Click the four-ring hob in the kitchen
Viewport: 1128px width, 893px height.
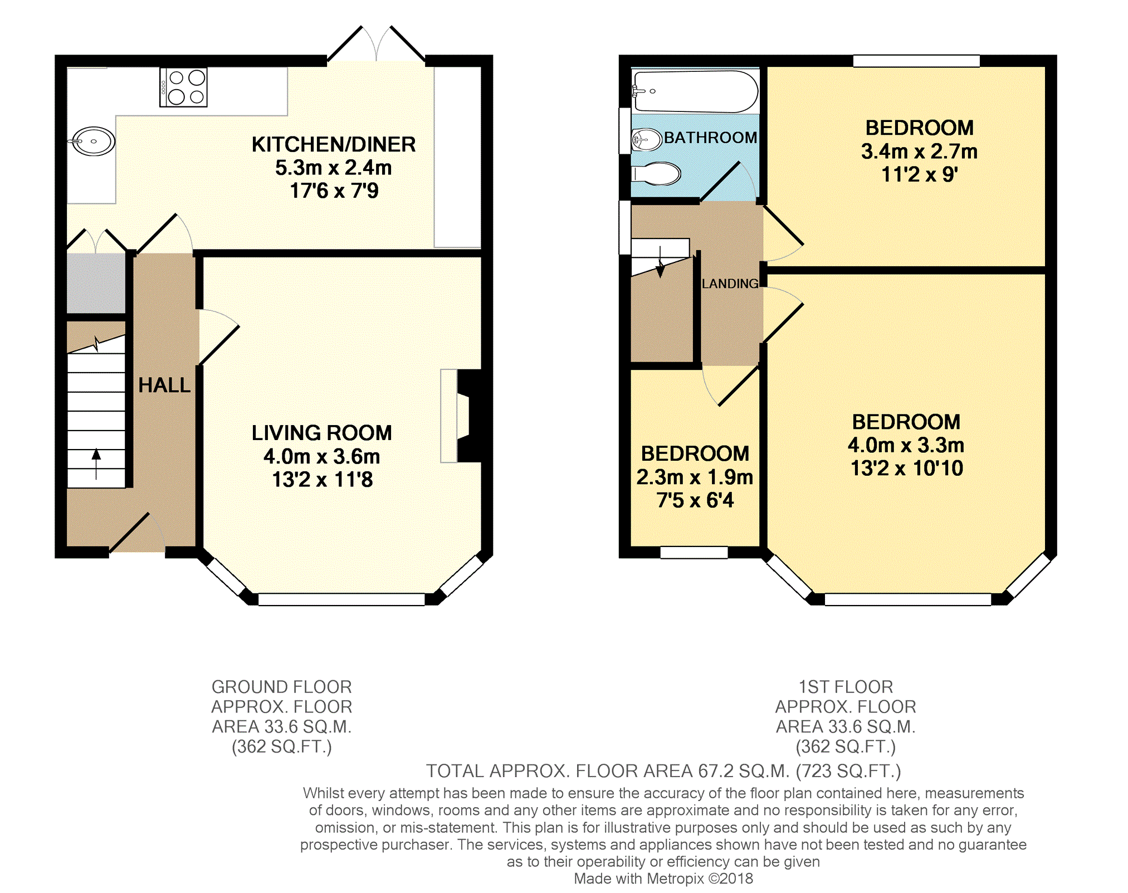coord(183,87)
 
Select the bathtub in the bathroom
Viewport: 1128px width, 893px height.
coord(695,91)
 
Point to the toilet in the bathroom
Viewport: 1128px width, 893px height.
coord(656,174)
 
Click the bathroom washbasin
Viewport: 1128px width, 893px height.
coord(646,139)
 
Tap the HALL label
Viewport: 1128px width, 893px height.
coord(164,385)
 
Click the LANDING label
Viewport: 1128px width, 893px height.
coord(730,284)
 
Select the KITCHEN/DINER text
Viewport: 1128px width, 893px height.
coord(334,144)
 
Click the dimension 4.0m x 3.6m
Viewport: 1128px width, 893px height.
coord(322,456)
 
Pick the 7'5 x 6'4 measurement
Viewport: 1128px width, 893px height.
coord(695,500)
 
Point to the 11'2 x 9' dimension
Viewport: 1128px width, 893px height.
coord(920,174)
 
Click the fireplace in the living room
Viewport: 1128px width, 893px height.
coord(461,416)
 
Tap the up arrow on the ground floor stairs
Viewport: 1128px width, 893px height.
coord(96,463)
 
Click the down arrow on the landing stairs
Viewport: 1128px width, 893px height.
coord(661,262)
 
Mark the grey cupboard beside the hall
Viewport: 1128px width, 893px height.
coord(96,283)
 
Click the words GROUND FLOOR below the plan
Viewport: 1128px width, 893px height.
coord(282,686)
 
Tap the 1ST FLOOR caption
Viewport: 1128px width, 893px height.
coord(846,686)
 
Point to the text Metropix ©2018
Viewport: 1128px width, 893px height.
coord(700,879)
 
